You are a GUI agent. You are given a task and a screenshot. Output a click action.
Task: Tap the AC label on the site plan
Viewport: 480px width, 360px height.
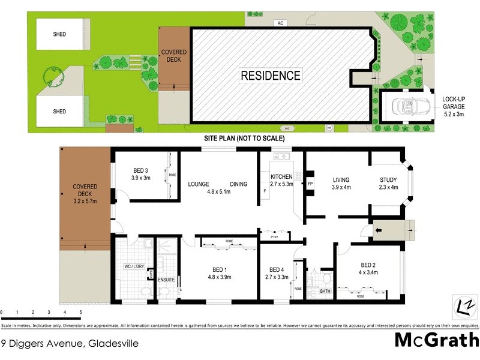(x=280, y=23)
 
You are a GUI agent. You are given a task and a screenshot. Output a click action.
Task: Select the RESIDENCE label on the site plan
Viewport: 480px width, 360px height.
(x=271, y=76)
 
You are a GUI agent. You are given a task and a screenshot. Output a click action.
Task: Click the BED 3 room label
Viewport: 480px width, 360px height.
(x=140, y=170)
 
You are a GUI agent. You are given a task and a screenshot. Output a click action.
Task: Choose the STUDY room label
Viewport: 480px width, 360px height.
(x=389, y=180)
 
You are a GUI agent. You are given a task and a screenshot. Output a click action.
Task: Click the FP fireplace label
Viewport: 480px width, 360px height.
(x=310, y=183)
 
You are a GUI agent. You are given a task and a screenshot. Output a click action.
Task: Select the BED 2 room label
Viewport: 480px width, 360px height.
(x=368, y=265)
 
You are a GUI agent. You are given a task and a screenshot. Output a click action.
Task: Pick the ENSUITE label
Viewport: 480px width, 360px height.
(x=166, y=280)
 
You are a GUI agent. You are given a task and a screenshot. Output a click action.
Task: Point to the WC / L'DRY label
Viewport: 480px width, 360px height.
(x=135, y=266)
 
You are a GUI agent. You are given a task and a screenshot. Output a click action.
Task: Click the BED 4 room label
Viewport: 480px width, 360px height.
(x=276, y=269)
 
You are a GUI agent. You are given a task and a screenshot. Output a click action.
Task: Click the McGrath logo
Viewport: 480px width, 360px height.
(x=436, y=340)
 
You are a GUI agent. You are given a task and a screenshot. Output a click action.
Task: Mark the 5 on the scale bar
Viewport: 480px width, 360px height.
(x=80, y=313)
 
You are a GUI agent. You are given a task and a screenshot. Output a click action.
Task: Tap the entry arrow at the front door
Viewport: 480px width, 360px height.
(x=379, y=229)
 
